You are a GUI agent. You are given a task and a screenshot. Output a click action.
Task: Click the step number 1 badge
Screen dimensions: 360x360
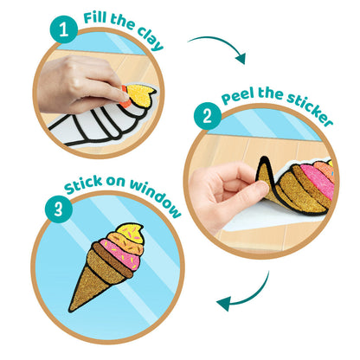click(x=64, y=29)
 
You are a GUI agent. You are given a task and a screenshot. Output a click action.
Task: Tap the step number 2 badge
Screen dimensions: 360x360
click(x=208, y=117)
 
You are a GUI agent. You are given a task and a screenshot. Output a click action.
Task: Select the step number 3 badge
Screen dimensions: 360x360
click(x=58, y=209)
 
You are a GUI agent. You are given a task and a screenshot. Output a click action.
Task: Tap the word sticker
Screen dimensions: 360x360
click(x=310, y=108)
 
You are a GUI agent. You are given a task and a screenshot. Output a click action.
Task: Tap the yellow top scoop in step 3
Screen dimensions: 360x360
click(x=132, y=233)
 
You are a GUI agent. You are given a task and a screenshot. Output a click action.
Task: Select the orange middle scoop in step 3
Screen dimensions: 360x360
click(x=127, y=243)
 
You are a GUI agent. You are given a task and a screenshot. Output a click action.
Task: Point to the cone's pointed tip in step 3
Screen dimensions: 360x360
click(x=70, y=311)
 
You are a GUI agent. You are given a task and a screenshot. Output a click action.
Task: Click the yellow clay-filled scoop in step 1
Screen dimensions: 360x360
click(x=140, y=93)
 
